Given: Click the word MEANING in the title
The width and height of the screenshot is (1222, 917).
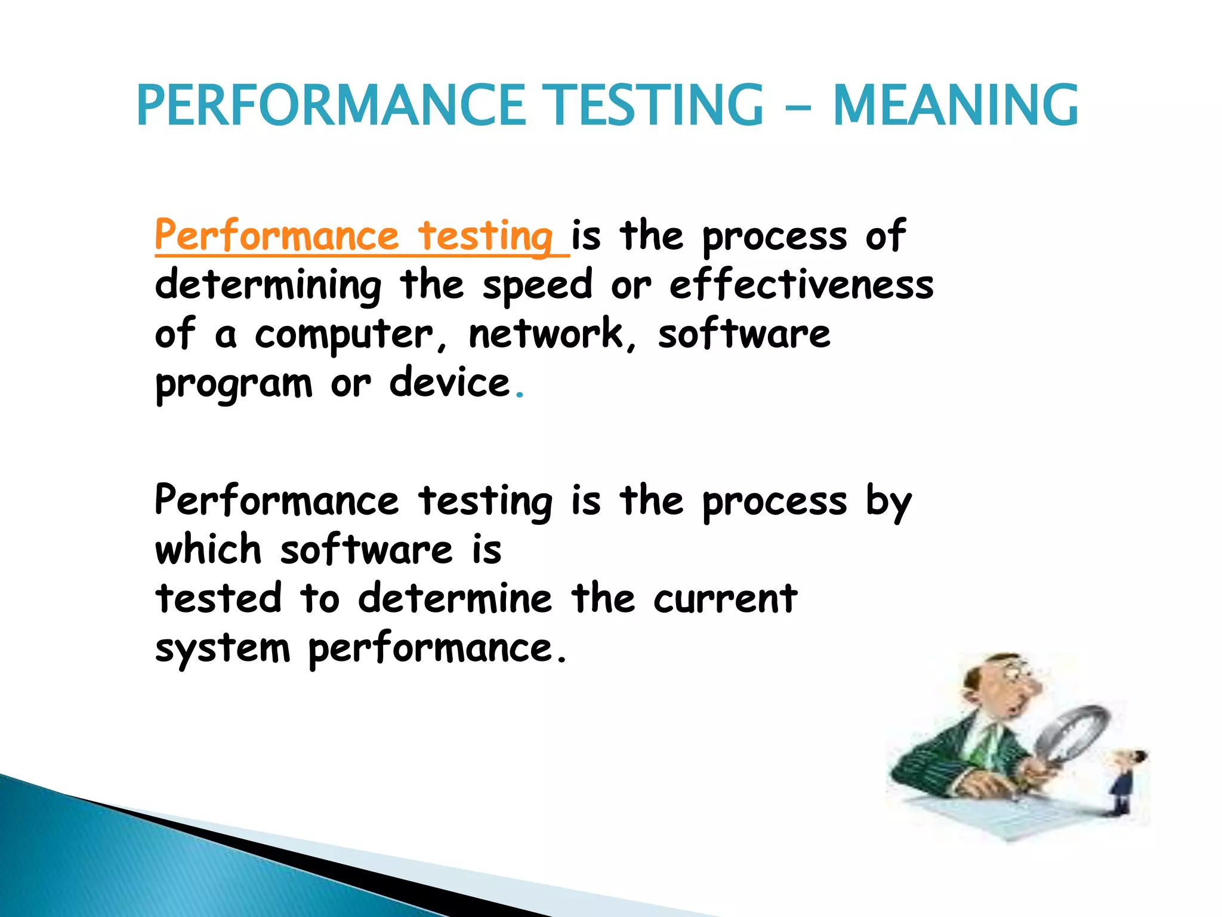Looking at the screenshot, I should pos(955,106).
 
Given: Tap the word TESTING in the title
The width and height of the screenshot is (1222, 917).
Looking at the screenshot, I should pos(655,106).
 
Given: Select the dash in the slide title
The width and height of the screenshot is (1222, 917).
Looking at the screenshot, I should pos(798,109).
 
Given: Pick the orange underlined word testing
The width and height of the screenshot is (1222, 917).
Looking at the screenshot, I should pos(485,237).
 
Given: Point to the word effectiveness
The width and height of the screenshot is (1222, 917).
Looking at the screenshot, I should pos(801,285).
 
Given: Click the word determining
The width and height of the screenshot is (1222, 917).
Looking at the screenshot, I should pos(268,286).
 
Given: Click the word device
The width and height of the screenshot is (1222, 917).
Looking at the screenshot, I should pos(450,383).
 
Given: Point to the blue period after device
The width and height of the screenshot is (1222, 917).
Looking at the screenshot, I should pos(520,395).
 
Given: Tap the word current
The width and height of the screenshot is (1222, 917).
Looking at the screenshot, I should pos(725,599).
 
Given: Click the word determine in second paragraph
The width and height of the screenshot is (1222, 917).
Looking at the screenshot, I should pos(455,599).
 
